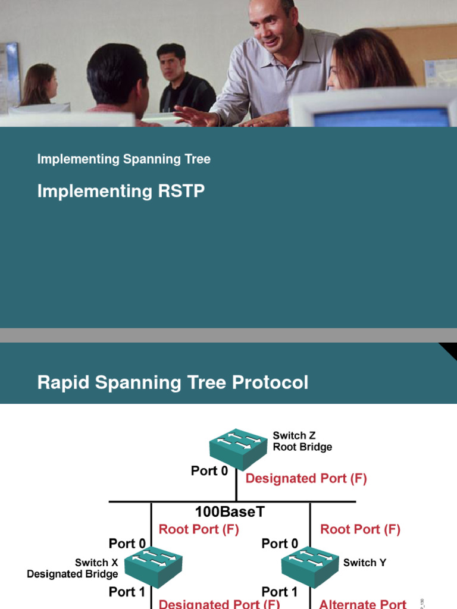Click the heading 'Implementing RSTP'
(x=121, y=191)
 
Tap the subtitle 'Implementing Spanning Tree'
(x=124, y=159)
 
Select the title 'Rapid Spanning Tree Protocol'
(x=173, y=382)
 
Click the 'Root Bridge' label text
(x=302, y=447)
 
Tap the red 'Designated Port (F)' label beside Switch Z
(x=306, y=478)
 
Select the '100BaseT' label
(x=229, y=511)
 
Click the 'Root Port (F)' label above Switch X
(x=199, y=529)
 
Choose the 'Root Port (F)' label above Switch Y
(x=360, y=529)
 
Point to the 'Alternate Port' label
(x=363, y=604)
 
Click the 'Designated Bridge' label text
(x=73, y=574)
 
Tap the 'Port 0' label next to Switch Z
(x=209, y=471)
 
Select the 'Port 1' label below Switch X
(x=127, y=592)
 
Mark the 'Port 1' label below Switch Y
(x=280, y=592)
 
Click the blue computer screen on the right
(x=381, y=117)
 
